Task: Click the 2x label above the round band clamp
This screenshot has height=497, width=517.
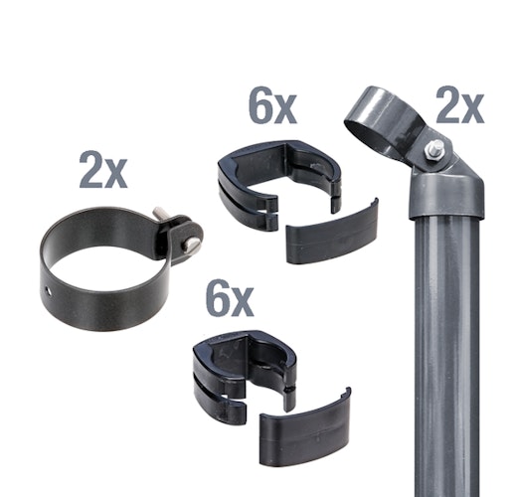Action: tap(103, 170)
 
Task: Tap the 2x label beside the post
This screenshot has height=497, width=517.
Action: tap(460, 105)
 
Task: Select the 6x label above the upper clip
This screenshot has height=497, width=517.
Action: tap(272, 105)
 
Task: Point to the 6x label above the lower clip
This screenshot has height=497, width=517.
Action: tap(230, 298)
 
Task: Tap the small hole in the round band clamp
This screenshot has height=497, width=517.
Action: tap(49, 292)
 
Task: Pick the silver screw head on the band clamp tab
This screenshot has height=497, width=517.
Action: tap(190, 244)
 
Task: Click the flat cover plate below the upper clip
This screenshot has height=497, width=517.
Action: tap(332, 232)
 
